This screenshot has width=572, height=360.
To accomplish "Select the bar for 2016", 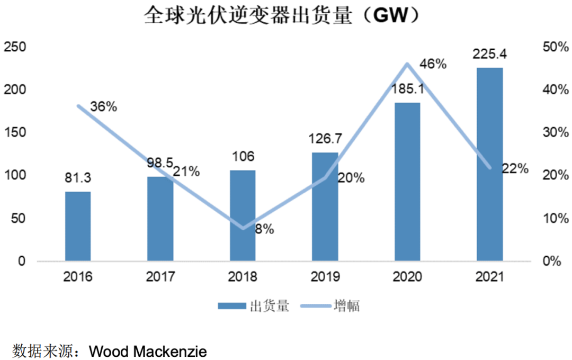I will [78, 226].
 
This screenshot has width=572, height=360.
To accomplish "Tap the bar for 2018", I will [242, 215].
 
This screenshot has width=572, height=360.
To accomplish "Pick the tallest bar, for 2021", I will [489, 164].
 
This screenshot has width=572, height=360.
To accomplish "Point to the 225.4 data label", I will [489, 54].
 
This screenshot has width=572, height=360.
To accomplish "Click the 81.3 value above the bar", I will [77, 178].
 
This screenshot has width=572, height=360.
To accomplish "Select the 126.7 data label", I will [325, 139].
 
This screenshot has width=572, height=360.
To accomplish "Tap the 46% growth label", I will [433, 65].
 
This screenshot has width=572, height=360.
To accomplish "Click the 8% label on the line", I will [264, 229].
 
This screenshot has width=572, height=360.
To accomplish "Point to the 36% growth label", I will [103, 106].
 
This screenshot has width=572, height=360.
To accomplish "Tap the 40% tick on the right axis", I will [555, 90].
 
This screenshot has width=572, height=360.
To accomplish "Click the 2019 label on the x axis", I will [325, 277].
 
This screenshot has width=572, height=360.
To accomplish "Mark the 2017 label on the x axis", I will [160, 277].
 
